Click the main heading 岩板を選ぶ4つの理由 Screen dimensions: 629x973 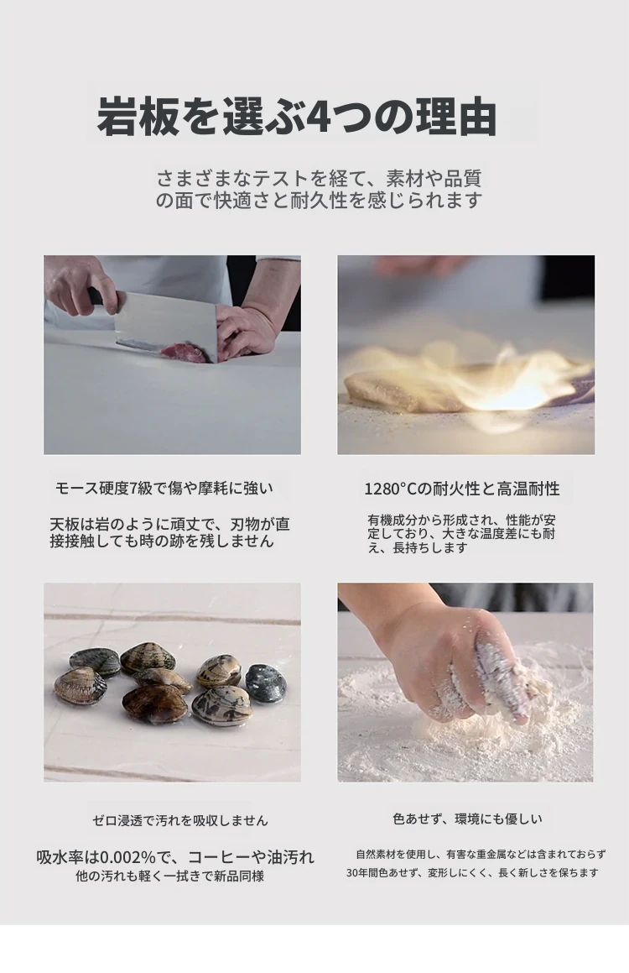[x=298, y=116]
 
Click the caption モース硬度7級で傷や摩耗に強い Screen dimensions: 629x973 [x=164, y=489]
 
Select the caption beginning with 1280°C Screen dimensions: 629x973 [x=461, y=489]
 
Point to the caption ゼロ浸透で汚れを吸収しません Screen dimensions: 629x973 [x=180, y=820]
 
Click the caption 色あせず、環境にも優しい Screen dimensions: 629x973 [x=468, y=819]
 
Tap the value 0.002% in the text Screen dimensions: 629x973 [x=128, y=858]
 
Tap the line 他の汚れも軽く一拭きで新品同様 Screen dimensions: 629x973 [x=169, y=876]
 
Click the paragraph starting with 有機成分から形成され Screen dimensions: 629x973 [x=461, y=534]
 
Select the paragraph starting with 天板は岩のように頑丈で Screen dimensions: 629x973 [x=169, y=532]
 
